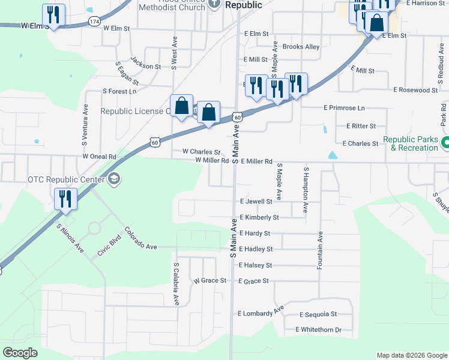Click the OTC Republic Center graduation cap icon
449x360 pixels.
pos(114,178)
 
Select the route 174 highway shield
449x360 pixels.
pos(94,21)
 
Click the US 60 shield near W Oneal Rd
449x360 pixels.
pos(155,142)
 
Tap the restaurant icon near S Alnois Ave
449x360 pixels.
pos(65,199)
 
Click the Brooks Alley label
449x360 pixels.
pos(300,47)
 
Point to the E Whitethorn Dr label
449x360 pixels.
pos(318,330)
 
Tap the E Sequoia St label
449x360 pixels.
pos(318,314)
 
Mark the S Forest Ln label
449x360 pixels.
pos(119,91)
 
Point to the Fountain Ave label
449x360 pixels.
pos(321,250)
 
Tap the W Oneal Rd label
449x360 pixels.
pos(99,156)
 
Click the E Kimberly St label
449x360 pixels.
pos(259,217)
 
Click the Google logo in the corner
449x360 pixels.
pos(20,353)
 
